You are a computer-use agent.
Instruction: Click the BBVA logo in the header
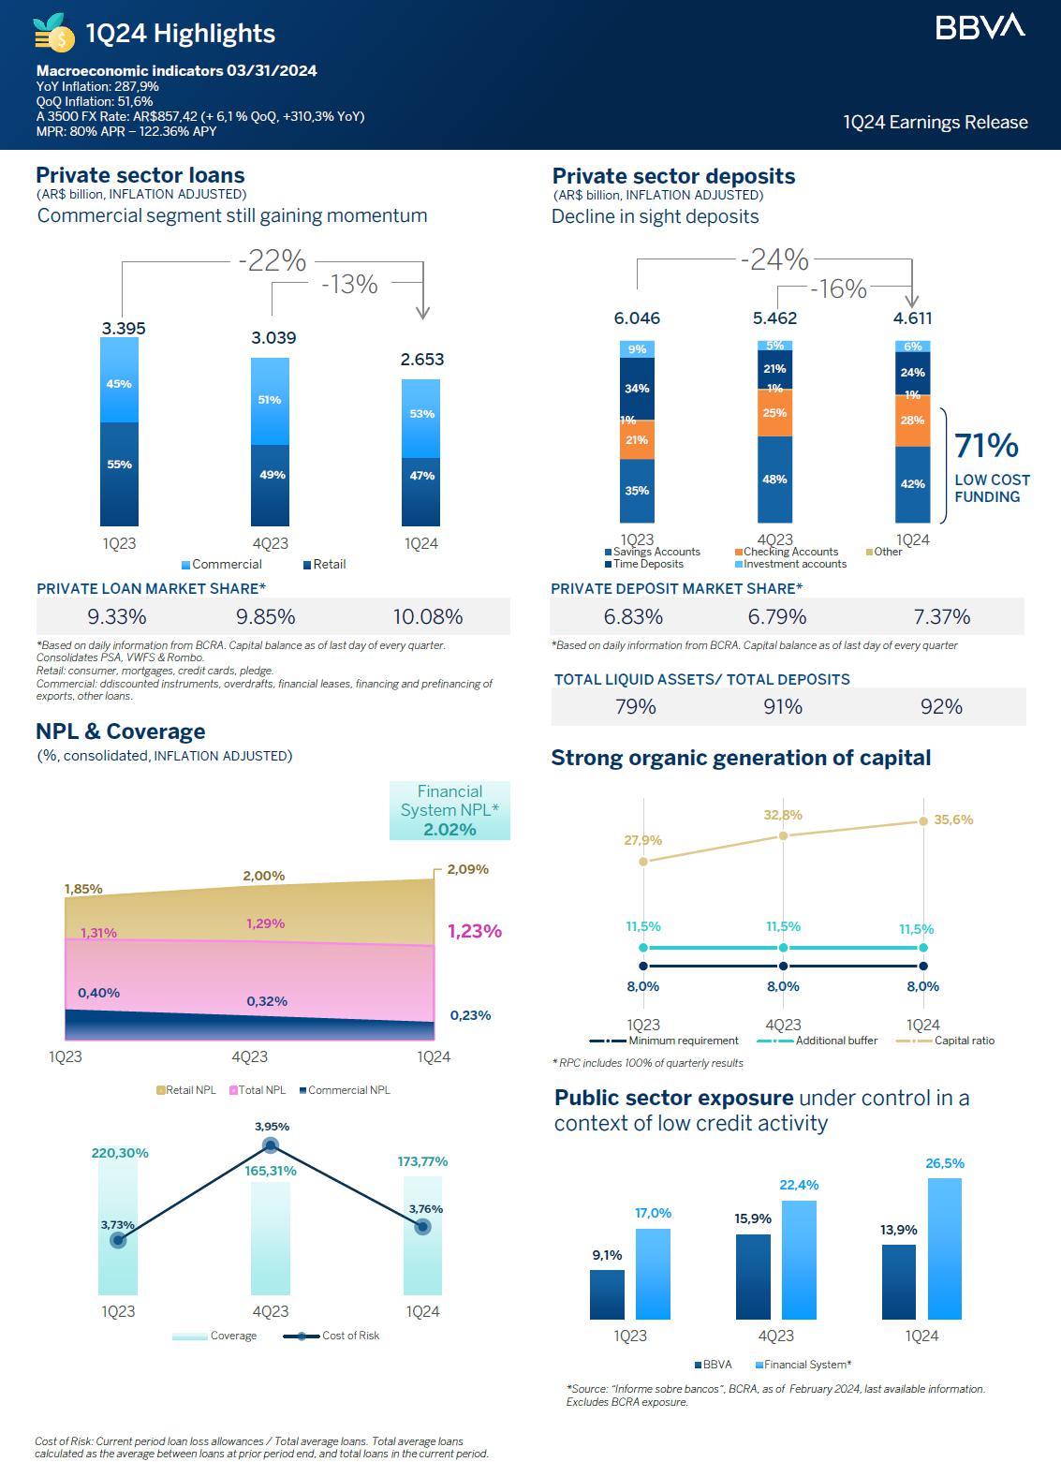point(980,27)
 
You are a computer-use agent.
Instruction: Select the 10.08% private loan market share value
point(428,617)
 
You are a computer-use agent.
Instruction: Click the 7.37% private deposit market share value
point(941,617)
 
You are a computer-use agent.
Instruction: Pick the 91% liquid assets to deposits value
point(783,707)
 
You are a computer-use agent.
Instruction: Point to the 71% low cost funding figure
point(986,446)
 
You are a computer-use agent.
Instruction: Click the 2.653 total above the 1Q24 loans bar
point(422,360)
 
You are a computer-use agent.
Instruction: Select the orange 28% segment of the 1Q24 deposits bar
point(913,421)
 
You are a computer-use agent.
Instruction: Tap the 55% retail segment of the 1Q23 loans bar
point(119,465)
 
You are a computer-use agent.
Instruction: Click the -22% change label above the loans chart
point(272,260)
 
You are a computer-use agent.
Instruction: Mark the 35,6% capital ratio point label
point(953,820)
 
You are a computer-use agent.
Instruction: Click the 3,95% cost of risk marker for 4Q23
point(272,1144)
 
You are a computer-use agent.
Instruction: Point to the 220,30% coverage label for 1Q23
point(120,1153)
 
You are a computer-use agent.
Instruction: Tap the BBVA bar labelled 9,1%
point(607,1293)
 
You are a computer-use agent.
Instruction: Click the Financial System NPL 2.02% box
point(449,810)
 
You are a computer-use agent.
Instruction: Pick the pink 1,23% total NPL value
point(474,931)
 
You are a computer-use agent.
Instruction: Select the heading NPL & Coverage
point(120,731)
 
